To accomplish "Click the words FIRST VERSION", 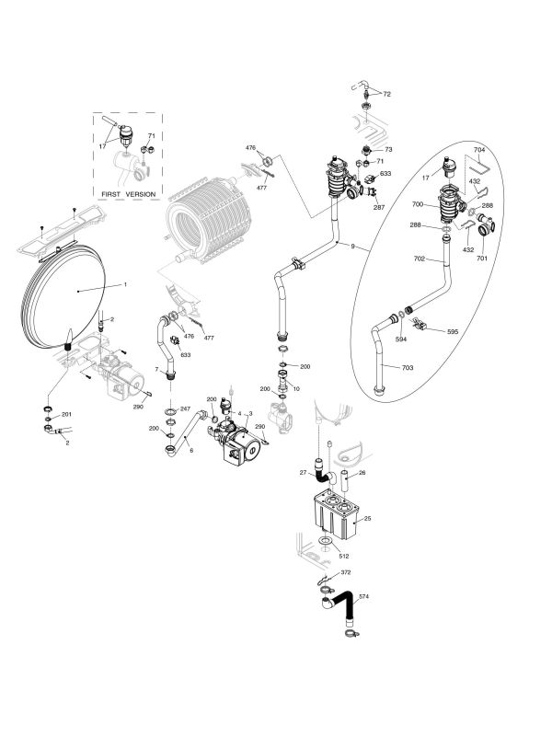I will click(x=130, y=194).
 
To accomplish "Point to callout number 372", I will click(x=346, y=572).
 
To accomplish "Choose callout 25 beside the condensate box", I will click(x=366, y=520).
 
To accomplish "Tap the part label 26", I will click(x=362, y=474).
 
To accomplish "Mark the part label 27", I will click(x=302, y=473).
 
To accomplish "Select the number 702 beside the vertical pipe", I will click(x=420, y=261).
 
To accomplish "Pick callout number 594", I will click(x=400, y=339).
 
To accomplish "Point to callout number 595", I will click(x=453, y=330).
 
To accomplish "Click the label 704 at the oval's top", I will click(x=478, y=149).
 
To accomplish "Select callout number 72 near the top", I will click(x=387, y=94).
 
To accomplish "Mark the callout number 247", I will click(x=185, y=408).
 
